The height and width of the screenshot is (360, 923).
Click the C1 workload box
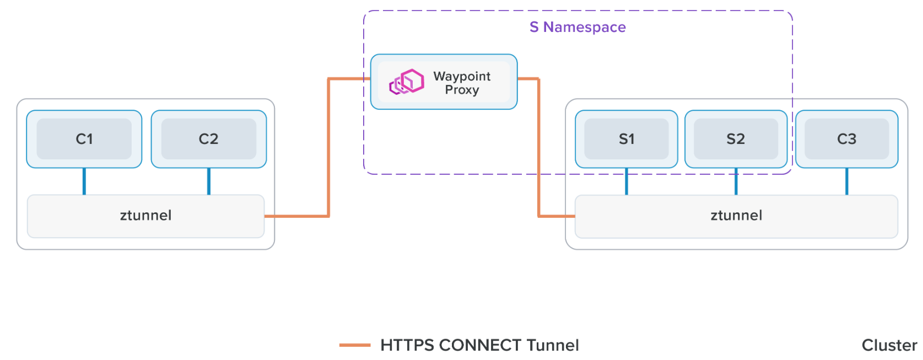point(84,139)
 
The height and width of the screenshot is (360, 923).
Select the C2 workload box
point(208,139)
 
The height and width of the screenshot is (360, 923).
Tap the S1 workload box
point(626,139)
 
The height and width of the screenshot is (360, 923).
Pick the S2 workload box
point(736,139)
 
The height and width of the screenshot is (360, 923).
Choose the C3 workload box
point(846,139)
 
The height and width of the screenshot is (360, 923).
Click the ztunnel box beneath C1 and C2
point(145,216)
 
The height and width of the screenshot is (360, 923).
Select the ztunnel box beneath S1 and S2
point(736,216)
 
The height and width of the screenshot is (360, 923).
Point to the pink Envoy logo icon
point(407,82)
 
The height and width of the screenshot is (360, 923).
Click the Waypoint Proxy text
point(462,83)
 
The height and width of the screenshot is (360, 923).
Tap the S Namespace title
point(577,27)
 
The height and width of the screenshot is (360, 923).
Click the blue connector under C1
point(84,181)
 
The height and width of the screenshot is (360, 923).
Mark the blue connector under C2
point(209,181)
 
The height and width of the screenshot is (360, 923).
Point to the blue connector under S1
point(627,181)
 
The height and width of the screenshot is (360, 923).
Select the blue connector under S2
point(736,181)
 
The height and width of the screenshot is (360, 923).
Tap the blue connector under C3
point(847,181)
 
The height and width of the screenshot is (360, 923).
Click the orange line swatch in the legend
point(355,345)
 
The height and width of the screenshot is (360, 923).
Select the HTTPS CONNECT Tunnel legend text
point(479,345)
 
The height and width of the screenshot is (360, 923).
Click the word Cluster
point(889,345)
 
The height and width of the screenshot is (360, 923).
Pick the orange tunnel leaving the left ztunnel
point(298,216)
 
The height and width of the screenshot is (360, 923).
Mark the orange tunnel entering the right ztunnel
point(557,216)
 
